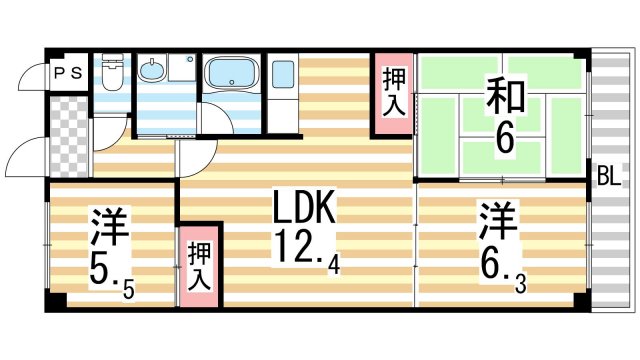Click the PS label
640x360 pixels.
(x=68, y=72)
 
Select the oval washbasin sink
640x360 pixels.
(x=152, y=72)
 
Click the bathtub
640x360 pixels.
(x=232, y=75)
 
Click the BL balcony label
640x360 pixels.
(x=608, y=178)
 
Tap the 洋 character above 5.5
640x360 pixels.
(x=109, y=227)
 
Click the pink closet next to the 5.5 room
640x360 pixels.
(x=199, y=264)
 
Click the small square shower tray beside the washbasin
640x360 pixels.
(x=183, y=68)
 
